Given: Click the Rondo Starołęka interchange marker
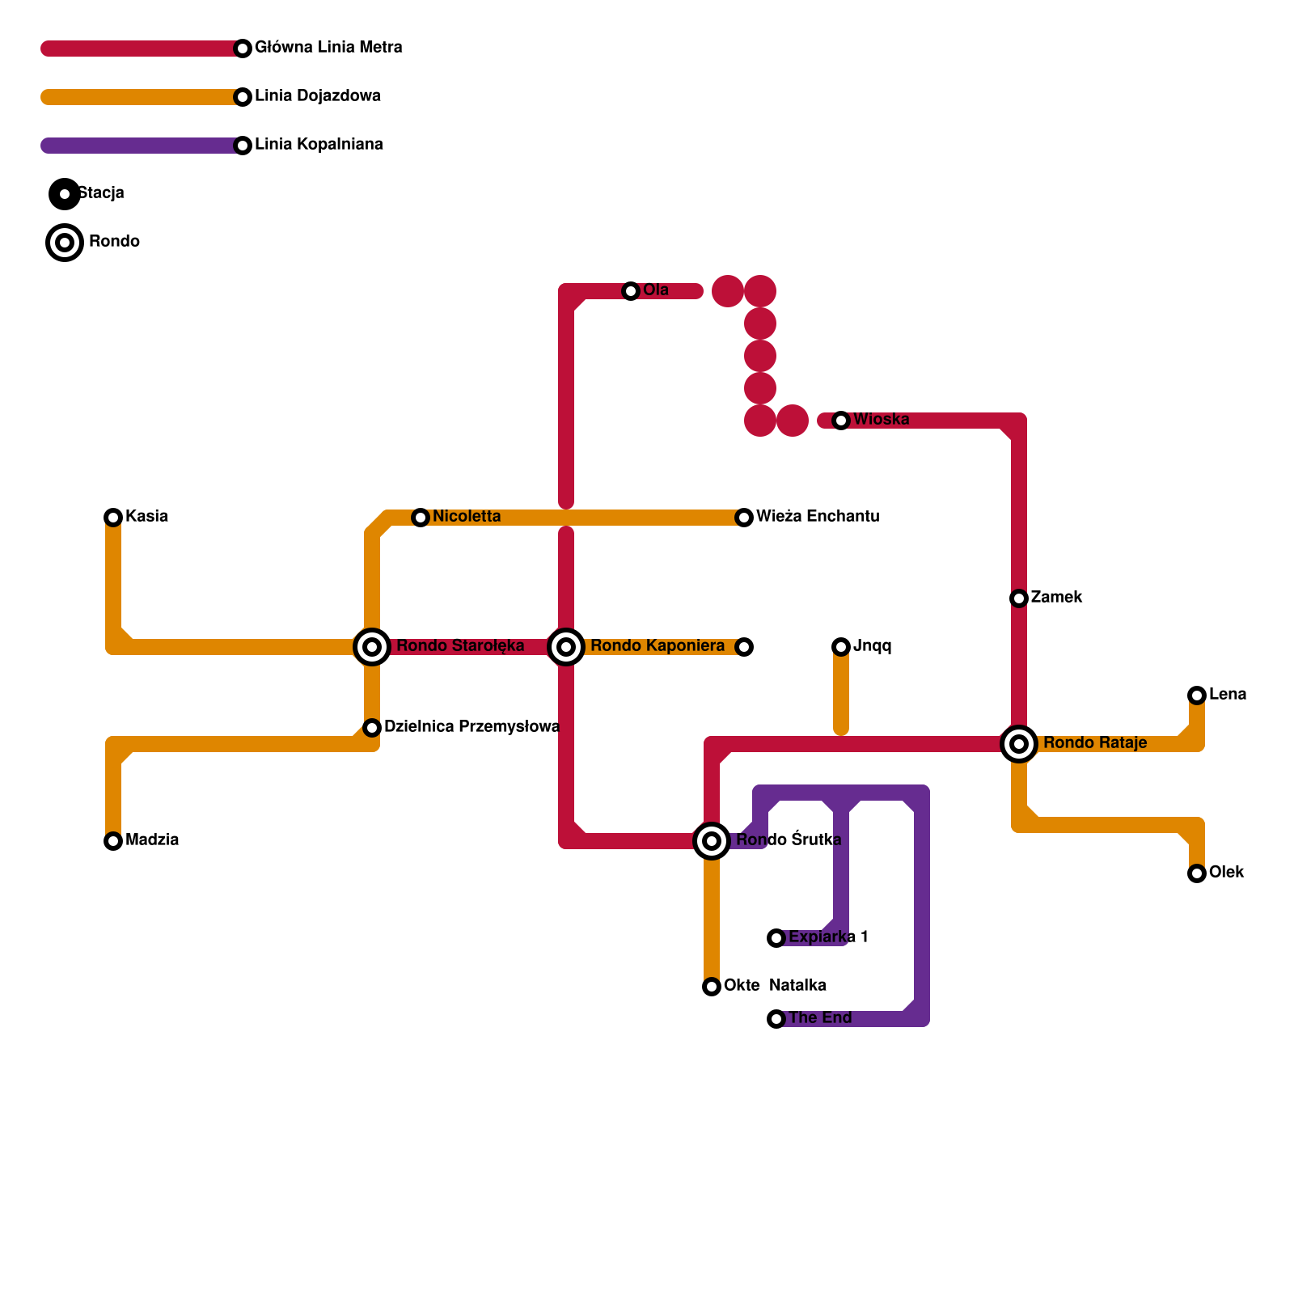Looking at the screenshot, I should click(372, 647).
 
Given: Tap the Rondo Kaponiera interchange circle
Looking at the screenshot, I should click(566, 647).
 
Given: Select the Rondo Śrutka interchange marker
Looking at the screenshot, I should click(712, 841).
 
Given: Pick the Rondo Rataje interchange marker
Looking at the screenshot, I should click(1019, 744).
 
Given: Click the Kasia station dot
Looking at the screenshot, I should click(113, 518).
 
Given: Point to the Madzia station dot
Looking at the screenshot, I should click(113, 841).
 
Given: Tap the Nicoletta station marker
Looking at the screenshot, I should click(421, 518).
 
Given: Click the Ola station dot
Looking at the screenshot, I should click(631, 291).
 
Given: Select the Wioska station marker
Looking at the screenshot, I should click(841, 421).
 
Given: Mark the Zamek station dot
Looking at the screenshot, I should click(1019, 598).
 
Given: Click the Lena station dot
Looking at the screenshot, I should click(1197, 696).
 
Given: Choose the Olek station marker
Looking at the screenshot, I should click(1197, 873).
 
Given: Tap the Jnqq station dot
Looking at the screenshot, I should click(841, 647).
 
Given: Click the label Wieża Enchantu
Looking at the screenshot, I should click(818, 517).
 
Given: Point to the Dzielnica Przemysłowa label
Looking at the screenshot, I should click(472, 727).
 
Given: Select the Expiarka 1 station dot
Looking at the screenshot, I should click(776, 938).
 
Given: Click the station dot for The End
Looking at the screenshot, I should click(776, 1019).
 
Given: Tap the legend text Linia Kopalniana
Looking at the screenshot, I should click(319, 145).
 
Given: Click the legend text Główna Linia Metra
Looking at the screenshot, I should click(328, 48).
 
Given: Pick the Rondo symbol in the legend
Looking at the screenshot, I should click(65, 243).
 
